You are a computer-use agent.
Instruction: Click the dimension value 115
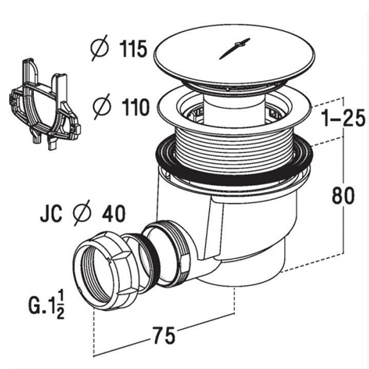133,49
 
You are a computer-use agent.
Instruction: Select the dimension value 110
135,107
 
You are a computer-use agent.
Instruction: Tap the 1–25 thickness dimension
344,118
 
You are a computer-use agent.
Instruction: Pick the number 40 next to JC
114,213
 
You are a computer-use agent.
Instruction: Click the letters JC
51,213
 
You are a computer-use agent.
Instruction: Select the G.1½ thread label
47,305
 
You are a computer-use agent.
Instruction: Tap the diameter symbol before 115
100,48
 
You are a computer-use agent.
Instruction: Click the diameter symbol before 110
101,106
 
